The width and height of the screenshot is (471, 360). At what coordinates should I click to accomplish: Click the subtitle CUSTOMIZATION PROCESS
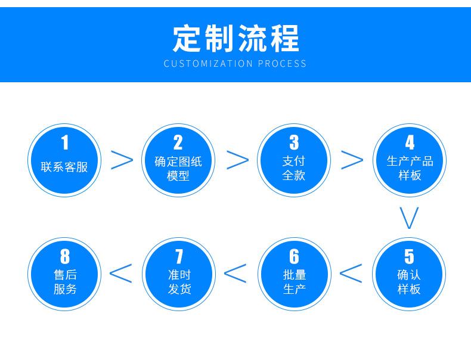(235, 63)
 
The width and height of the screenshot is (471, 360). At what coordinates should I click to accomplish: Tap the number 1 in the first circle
(64, 143)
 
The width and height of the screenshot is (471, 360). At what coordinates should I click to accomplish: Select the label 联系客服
(64, 167)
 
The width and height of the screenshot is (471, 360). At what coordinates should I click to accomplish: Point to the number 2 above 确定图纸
(178, 143)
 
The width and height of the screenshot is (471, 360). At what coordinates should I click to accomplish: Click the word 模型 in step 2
(178, 176)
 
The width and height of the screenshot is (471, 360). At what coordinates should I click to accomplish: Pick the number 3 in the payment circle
(293, 143)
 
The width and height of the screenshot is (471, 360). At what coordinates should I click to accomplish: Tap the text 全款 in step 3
(293, 176)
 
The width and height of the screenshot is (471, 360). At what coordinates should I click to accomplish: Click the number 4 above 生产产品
(410, 143)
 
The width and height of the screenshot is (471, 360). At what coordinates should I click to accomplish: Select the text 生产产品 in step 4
(410, 161)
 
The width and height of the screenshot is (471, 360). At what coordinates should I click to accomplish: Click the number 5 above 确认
(409, 257)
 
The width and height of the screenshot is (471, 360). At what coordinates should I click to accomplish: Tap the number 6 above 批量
(294, 257)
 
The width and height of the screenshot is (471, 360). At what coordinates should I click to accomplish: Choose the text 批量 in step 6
(294, 275)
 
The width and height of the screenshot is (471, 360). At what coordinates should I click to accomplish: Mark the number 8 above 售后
(64, 257)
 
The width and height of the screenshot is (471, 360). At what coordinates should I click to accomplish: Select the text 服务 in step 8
(64, 290)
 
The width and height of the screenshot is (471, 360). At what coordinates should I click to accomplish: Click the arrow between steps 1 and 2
(122, 160)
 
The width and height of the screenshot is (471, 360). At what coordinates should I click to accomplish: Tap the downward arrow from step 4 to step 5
(410, 218)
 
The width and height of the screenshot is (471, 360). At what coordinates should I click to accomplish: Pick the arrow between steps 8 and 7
(121, 272)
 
